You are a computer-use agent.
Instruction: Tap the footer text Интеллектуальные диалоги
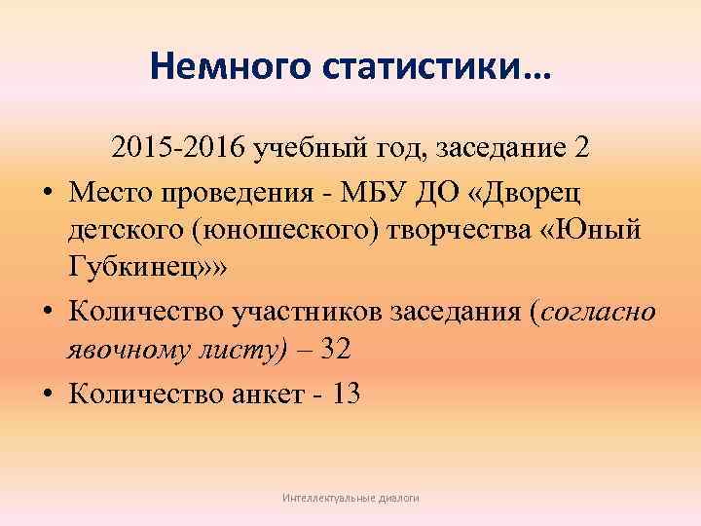(350, 498)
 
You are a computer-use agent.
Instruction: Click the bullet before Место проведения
(46, 192)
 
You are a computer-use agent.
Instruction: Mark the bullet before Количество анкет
(46, 395)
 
